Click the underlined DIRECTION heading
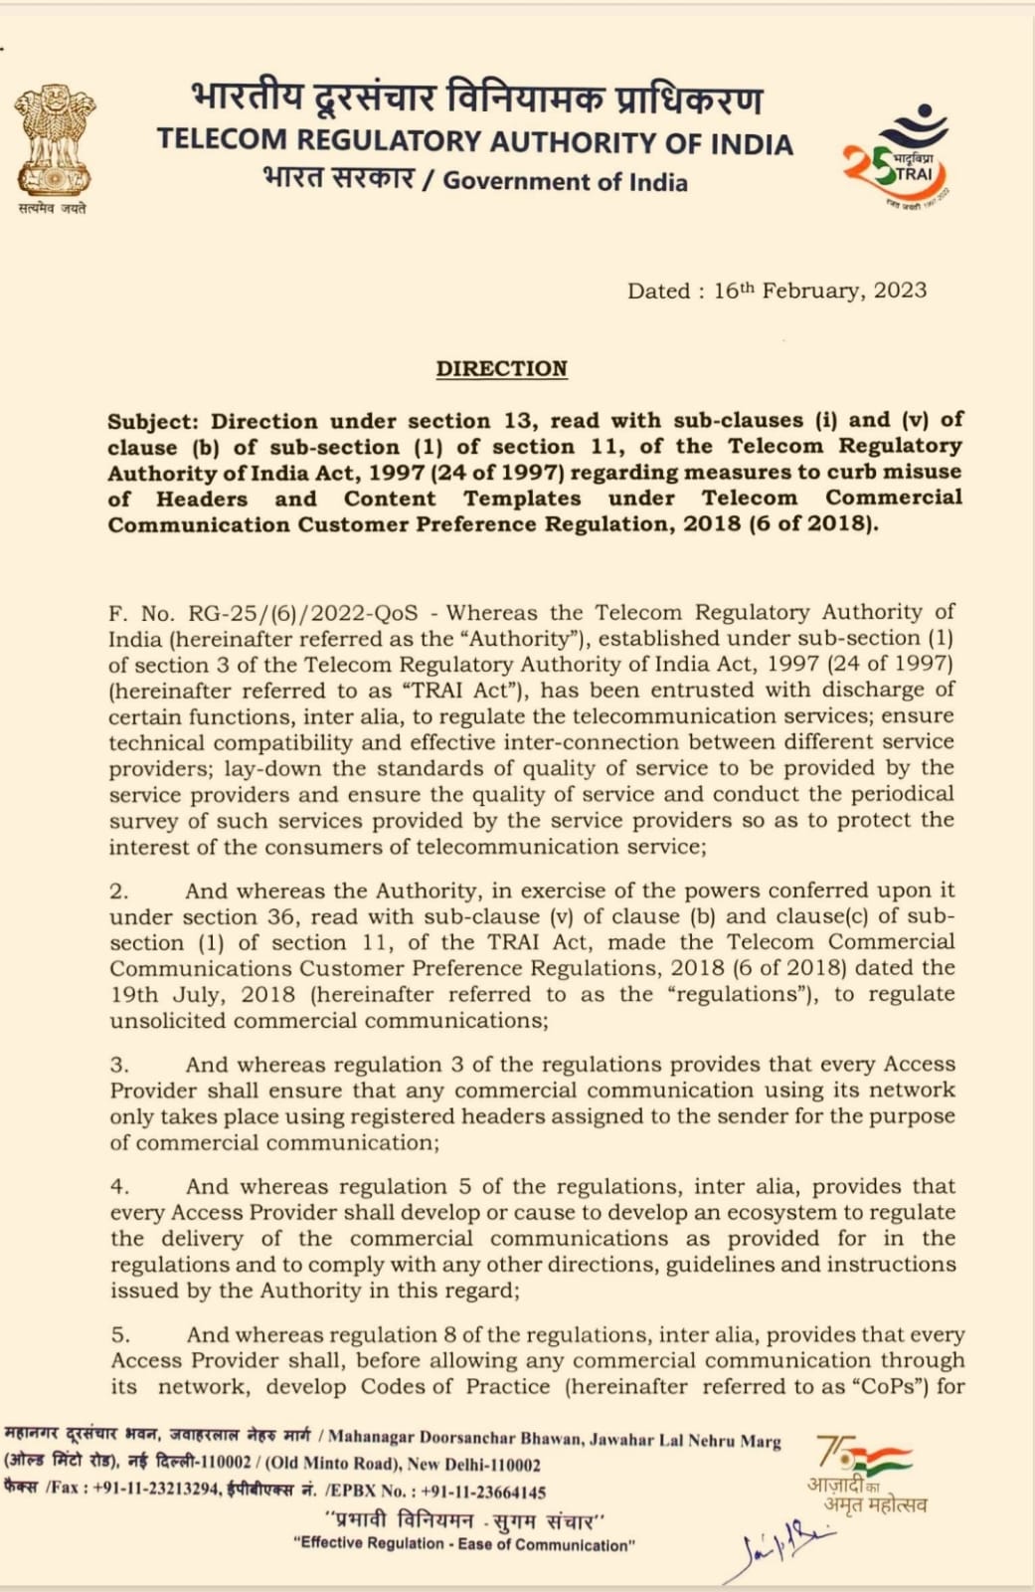point(501,369)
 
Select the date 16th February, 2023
point(820,291)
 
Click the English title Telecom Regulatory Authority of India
point(474,142)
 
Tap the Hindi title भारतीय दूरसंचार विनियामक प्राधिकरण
point(476,98)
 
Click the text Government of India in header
point(565,181)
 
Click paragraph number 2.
point(118,892)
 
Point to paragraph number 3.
point(118,1065)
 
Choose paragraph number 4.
point(119,1187)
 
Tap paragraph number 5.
point(119,1335)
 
